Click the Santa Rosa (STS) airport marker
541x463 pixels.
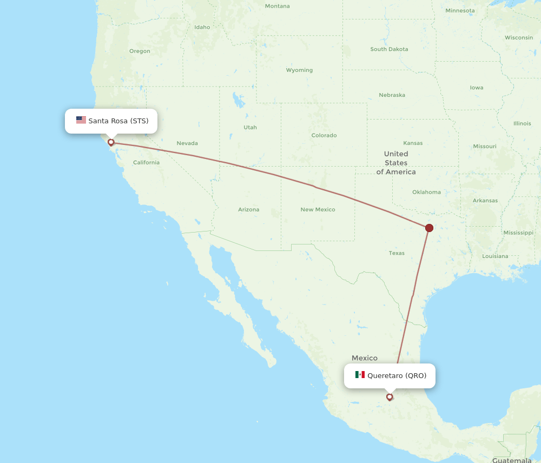point(111,142)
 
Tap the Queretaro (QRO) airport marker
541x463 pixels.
point(390,397)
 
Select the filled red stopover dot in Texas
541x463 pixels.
point(429,228)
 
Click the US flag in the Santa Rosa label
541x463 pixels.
point(81,120)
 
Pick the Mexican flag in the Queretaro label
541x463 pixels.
point(360,375)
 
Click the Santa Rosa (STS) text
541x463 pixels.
point(118,121)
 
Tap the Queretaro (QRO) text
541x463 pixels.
point(397,375)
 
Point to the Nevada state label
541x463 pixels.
point(187,143)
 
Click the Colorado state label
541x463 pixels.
point(324,135)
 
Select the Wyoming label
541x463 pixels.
point(299,70)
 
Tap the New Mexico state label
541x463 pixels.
point(318,209)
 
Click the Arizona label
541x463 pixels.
point(248,209)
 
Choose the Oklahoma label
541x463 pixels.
point(426,192)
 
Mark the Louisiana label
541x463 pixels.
point(495,256)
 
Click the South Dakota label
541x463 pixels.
point(389,49)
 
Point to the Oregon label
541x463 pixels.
point(140,51)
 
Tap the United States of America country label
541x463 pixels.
point(396,163)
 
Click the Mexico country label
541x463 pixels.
point(364,358)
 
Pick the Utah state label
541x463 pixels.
point(250,128)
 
